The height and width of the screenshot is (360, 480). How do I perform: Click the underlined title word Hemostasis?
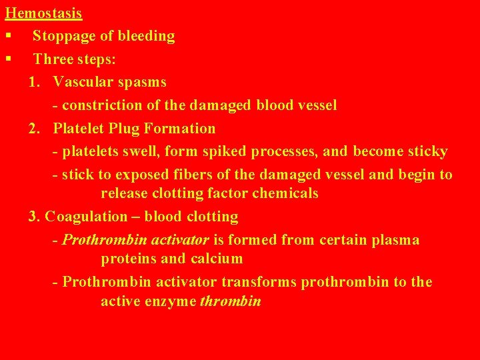[43, 13]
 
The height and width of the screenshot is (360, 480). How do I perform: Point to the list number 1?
[33, 82]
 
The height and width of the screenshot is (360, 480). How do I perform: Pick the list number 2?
[34, 128]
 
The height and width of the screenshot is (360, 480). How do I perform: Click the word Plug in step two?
[134, 128]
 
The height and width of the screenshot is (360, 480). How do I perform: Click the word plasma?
[396, 240]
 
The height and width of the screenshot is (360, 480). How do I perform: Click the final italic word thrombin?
[230, 301]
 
